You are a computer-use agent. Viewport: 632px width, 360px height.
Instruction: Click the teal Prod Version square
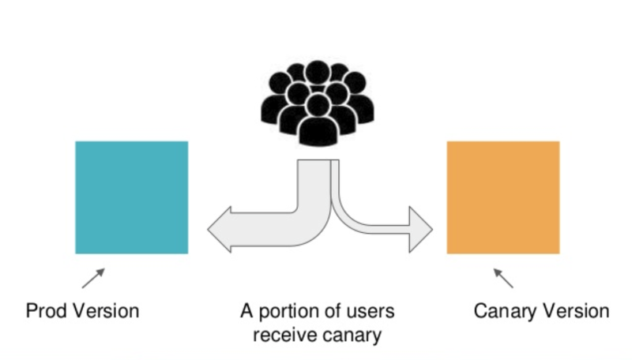131,197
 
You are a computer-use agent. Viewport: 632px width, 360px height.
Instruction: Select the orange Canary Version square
503,197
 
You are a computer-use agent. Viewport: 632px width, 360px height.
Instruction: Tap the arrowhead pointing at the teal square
219,229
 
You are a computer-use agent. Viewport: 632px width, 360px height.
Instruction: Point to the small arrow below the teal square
92,278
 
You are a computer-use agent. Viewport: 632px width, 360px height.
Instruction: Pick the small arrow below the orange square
503,278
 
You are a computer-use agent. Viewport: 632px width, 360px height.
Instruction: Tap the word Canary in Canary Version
504,310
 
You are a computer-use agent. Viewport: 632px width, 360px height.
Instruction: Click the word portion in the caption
289,310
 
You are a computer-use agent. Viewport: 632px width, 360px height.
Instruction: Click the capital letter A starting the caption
246,310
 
